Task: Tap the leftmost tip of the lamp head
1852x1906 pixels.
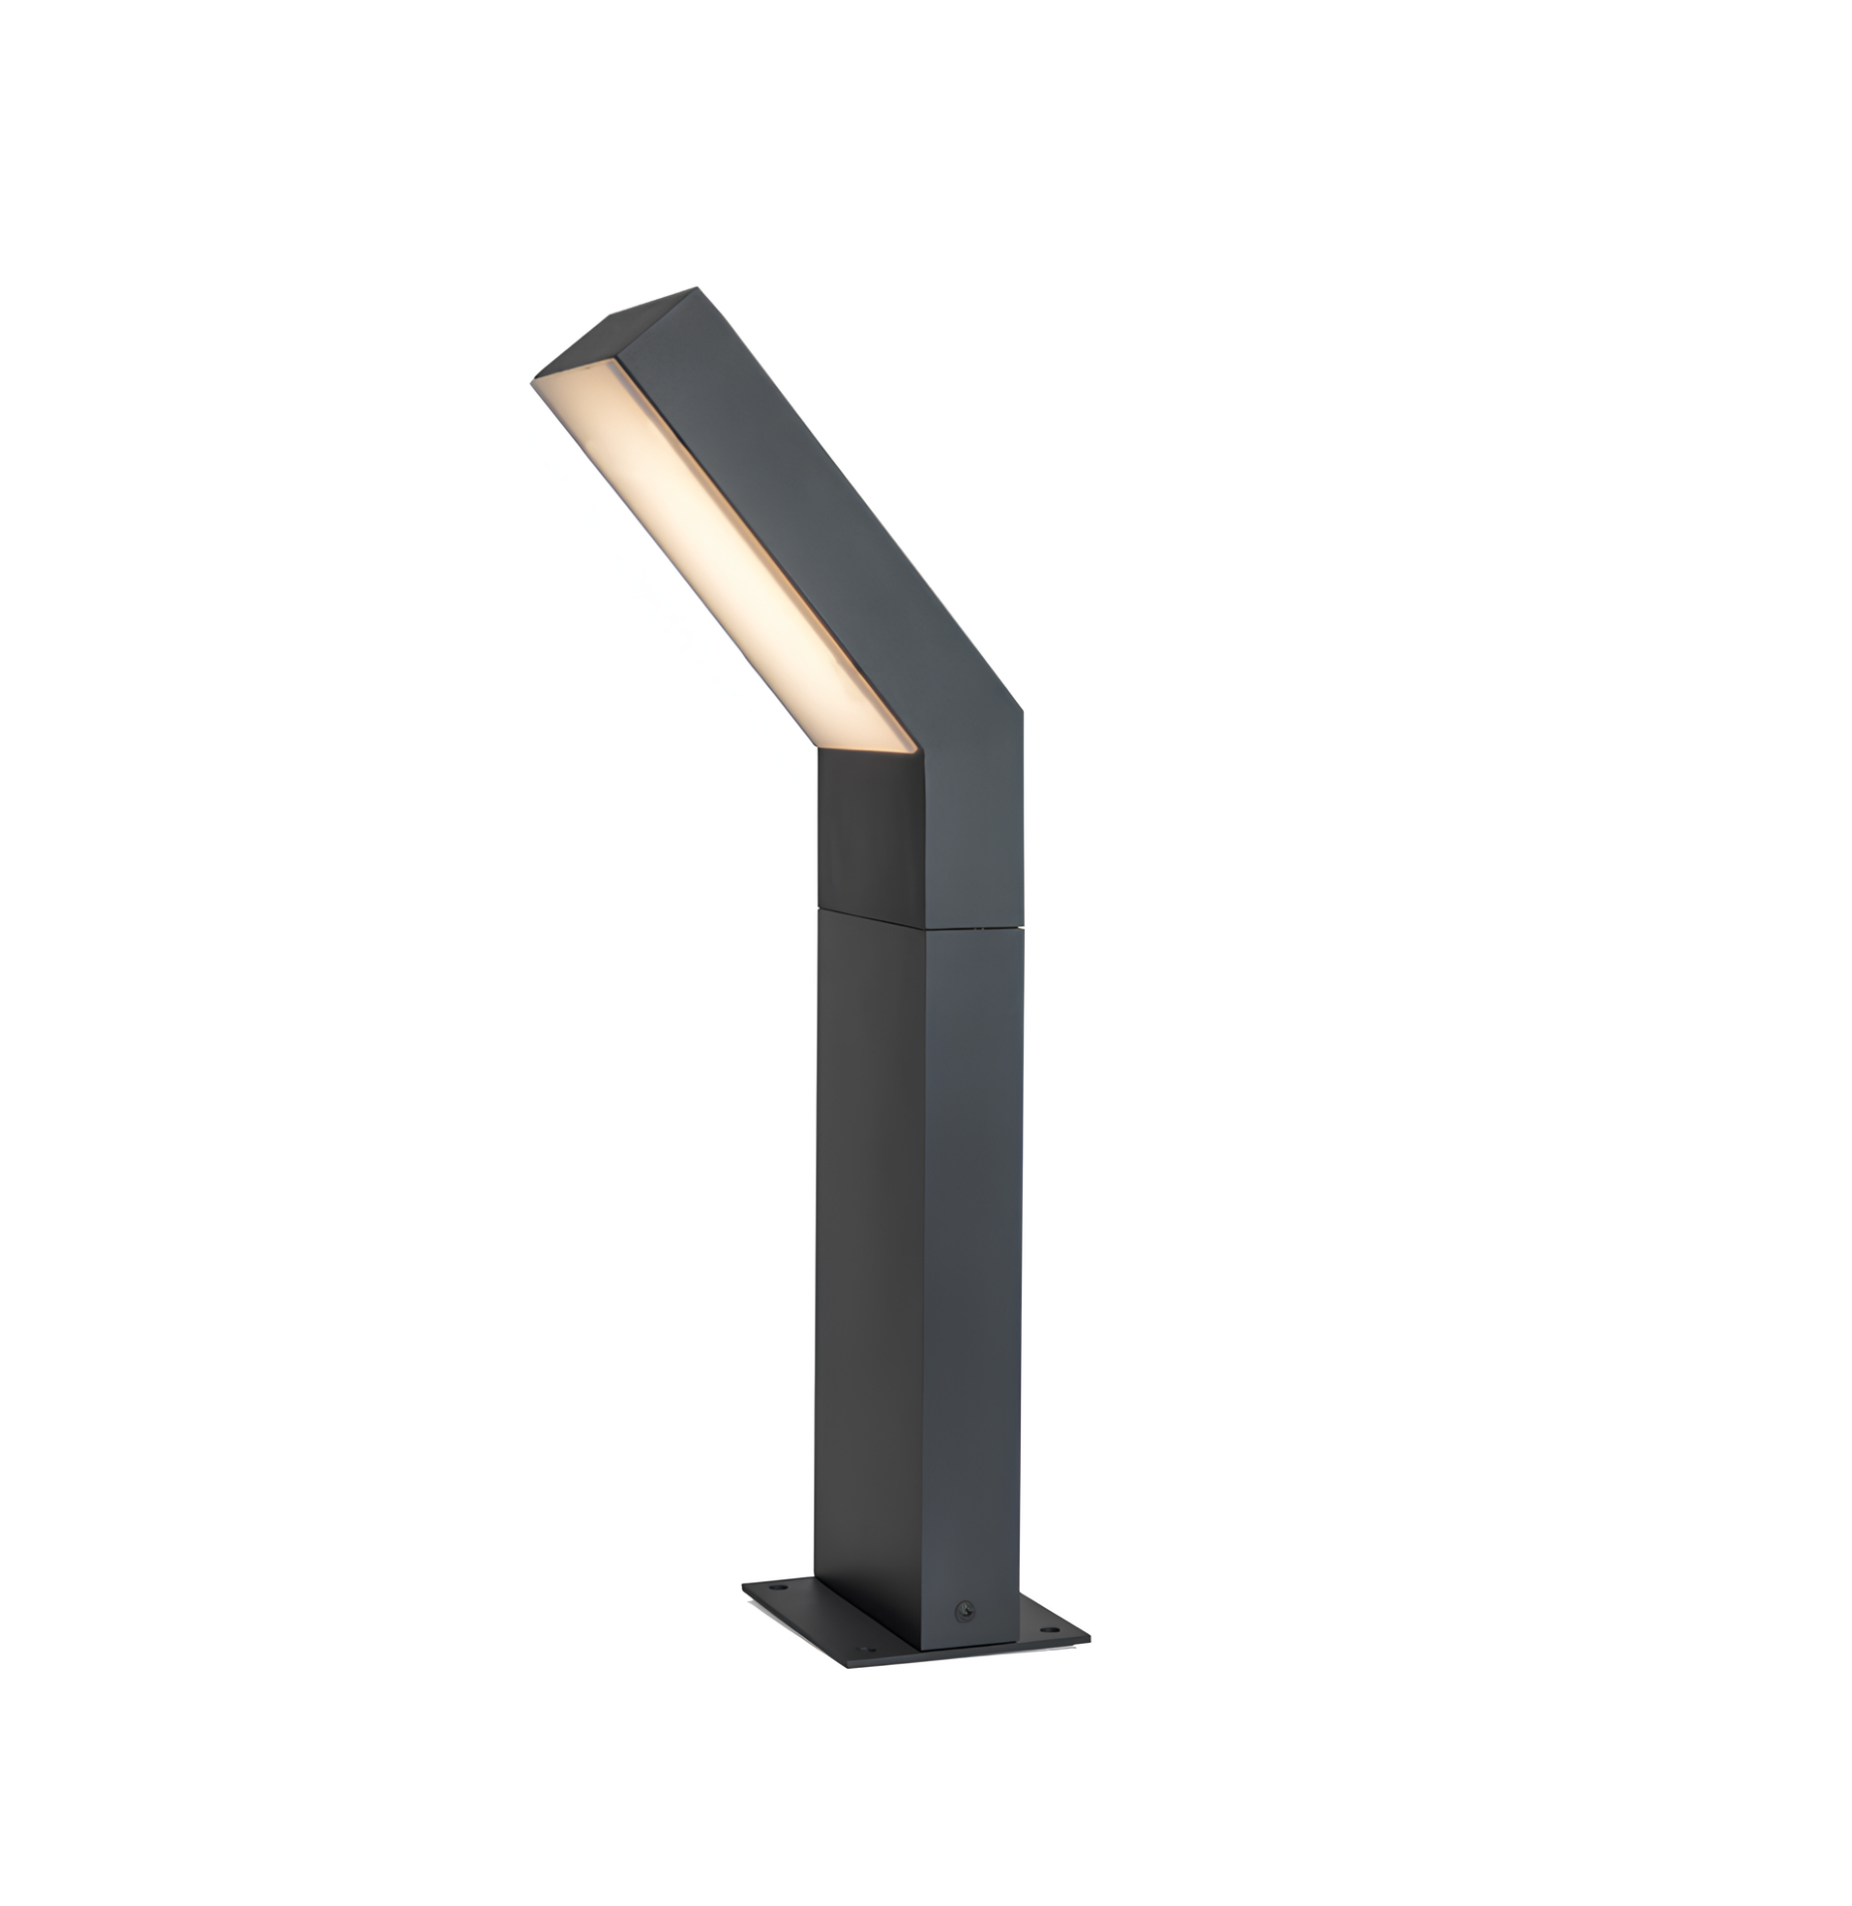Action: (x=534, y=380)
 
